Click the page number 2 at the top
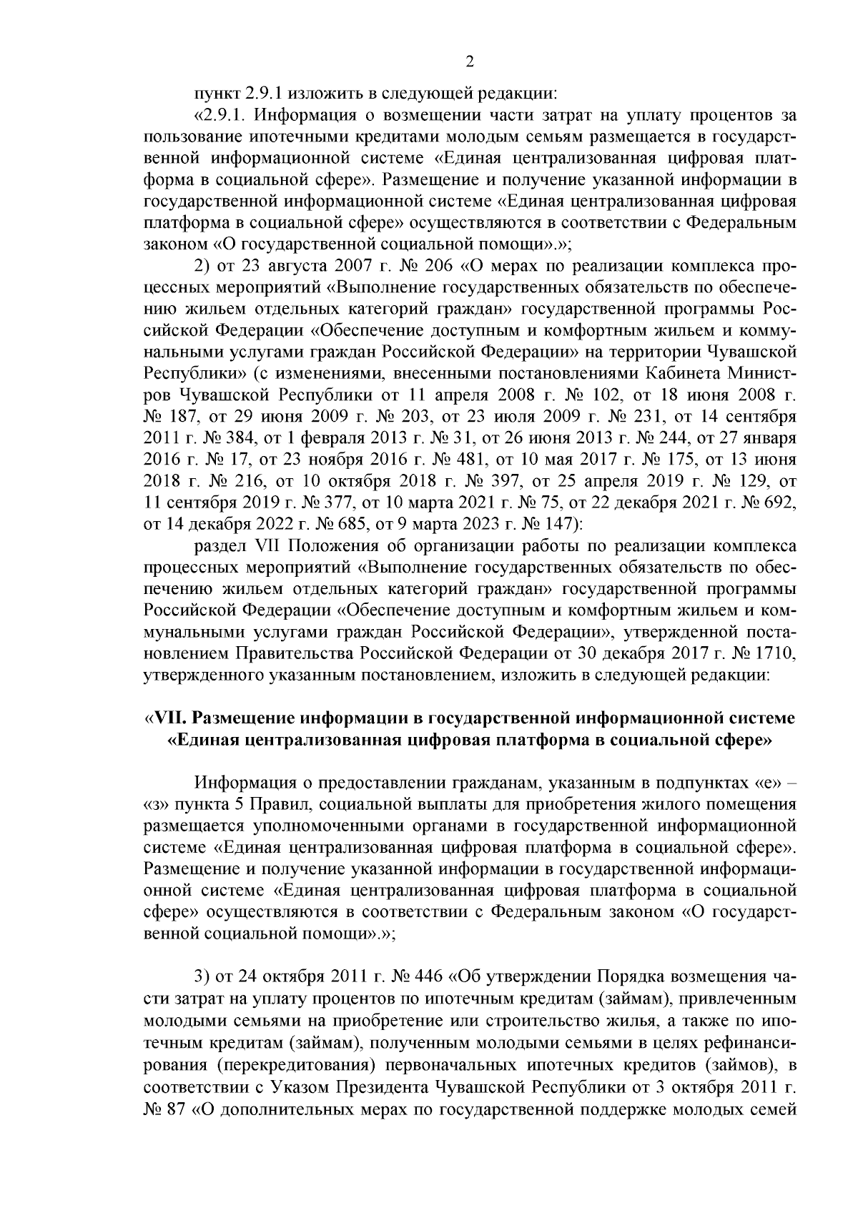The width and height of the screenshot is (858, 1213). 470,61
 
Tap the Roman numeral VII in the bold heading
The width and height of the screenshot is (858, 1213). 169,717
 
